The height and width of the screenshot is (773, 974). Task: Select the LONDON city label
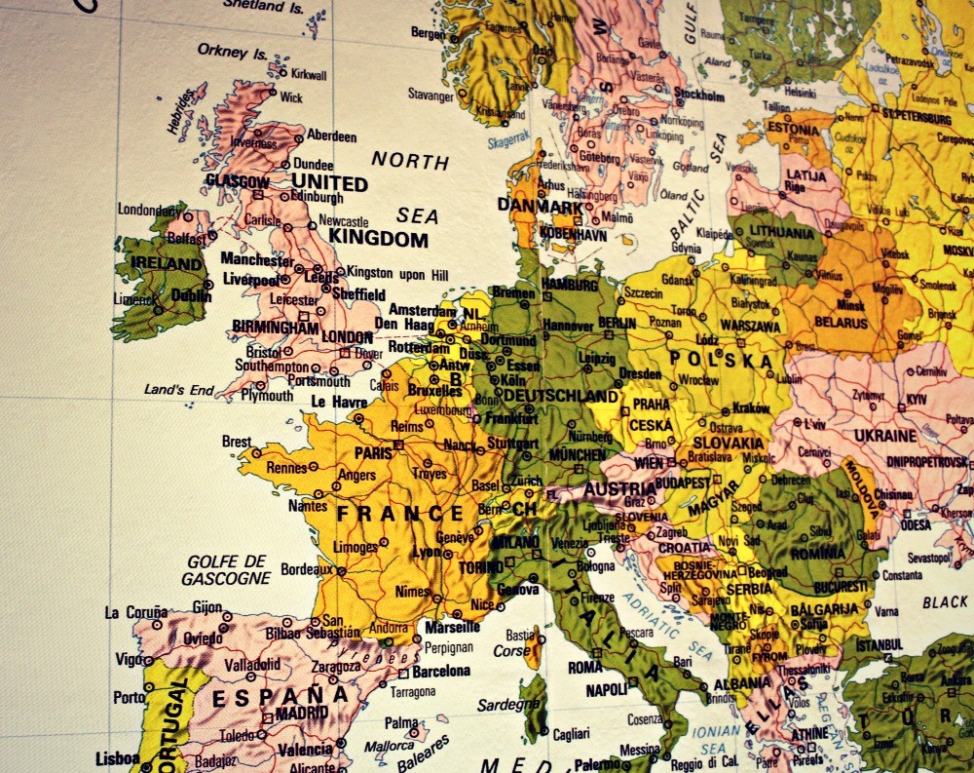click(347, 336)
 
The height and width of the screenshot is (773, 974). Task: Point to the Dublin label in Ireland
click(191, 294)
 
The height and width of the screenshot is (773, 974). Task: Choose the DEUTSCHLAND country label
click(560, 397)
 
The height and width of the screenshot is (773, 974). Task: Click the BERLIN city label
click(616, 324)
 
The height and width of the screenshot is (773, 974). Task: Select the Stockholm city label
click(698, 96)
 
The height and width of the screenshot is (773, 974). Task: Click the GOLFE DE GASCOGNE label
click(226, 569)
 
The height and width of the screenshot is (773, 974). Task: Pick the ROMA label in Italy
click(584, 668)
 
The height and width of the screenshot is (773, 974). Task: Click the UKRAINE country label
click(884, 436)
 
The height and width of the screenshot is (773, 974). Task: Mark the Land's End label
click(178, 390)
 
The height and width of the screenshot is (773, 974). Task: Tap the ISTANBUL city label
click(880, 645)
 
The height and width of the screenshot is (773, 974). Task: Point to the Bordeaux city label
click(307, 568)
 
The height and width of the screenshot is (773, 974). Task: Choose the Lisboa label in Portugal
click(117, 757)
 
